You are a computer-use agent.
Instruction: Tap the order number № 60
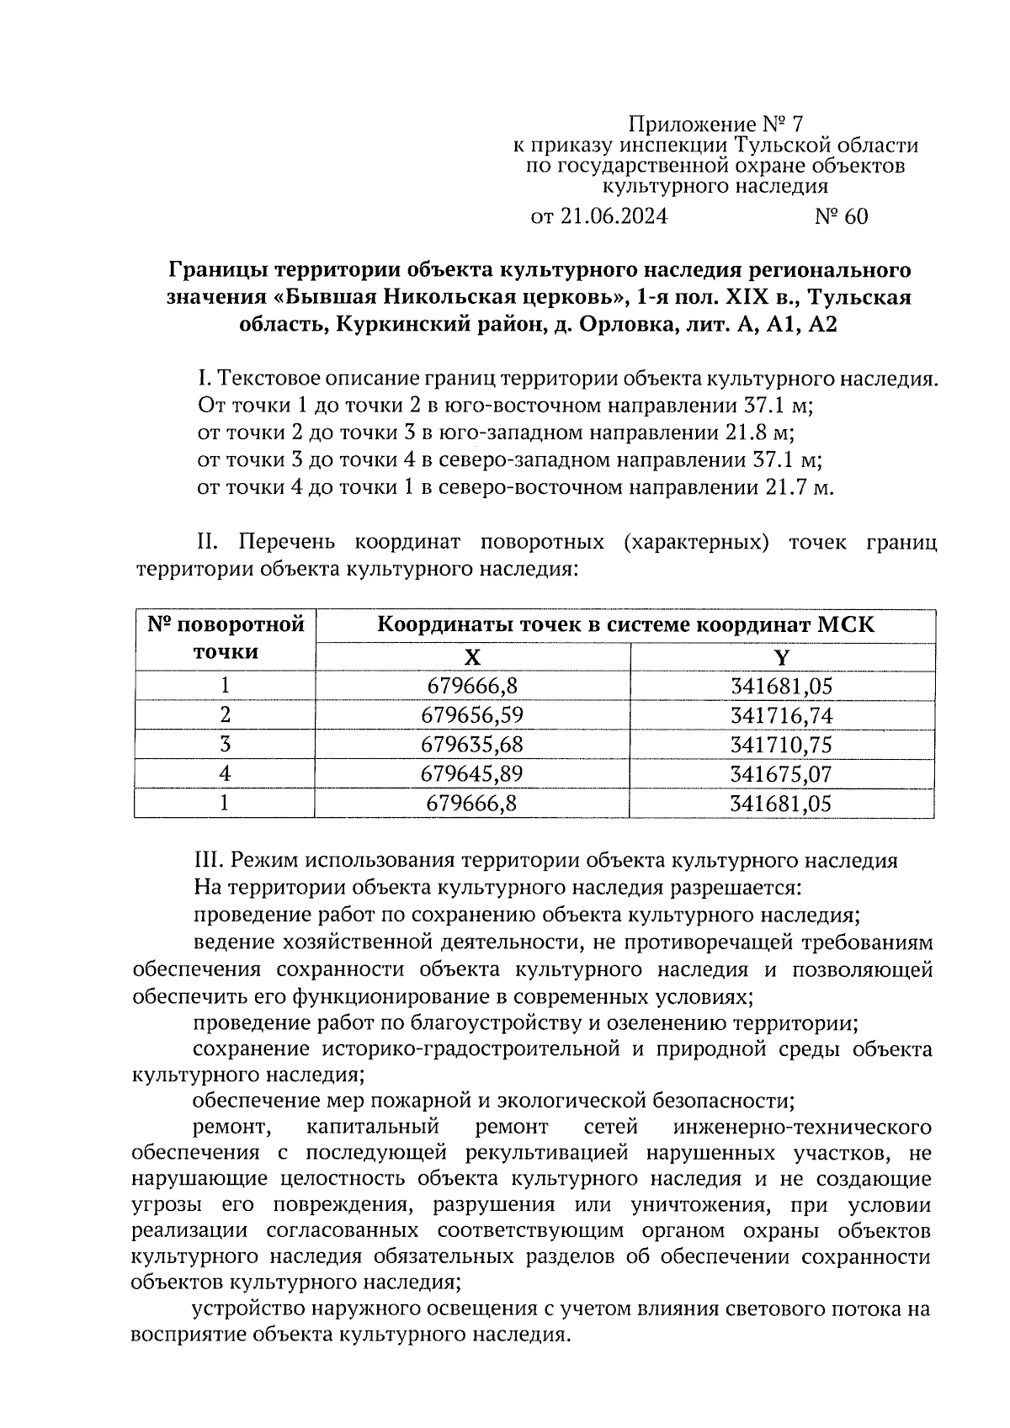tap(841, 217)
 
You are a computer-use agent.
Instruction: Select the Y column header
tap(782, 657)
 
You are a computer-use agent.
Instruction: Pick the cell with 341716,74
tap(782, 716)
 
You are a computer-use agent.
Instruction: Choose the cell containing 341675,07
tap(782, 774)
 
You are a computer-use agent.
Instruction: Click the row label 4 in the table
tap(225, 774)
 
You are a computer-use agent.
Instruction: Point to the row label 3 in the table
tap(225, 746)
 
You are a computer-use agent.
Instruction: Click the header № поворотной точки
tap(225, 639)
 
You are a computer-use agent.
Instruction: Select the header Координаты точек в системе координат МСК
tap(625, 625)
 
